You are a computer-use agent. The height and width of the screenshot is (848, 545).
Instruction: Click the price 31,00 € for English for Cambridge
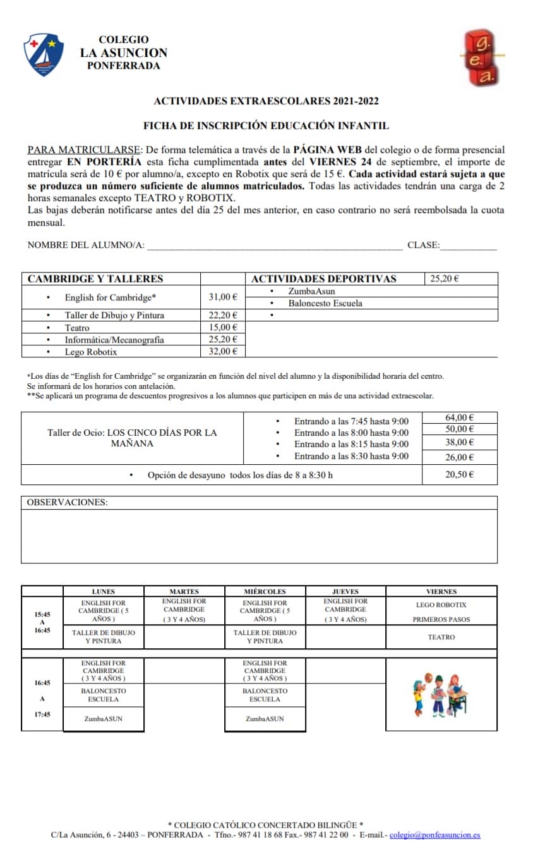(223, 297)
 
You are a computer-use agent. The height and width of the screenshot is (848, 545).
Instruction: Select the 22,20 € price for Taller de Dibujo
(223, 315)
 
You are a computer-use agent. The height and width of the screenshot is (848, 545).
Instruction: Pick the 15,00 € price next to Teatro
(223, 328)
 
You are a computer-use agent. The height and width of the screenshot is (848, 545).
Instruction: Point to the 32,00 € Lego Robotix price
(223, 352)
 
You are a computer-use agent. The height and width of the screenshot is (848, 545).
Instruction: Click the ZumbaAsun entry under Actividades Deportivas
(311, 292)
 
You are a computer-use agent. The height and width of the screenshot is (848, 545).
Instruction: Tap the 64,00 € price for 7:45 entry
(459, 417)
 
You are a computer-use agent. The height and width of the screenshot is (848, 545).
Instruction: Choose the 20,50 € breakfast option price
(459, 474)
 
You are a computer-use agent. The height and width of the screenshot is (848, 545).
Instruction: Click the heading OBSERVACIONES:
(68, 502)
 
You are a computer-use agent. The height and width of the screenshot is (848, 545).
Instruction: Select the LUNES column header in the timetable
(104, 591)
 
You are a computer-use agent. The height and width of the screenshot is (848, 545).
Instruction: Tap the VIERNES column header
(441, 591)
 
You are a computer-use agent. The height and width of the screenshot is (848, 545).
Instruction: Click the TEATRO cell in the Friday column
(441, 637)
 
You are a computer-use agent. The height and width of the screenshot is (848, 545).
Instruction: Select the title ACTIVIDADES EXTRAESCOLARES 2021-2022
(266, 101)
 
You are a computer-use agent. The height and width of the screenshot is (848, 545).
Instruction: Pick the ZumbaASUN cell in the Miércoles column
(265, 718)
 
